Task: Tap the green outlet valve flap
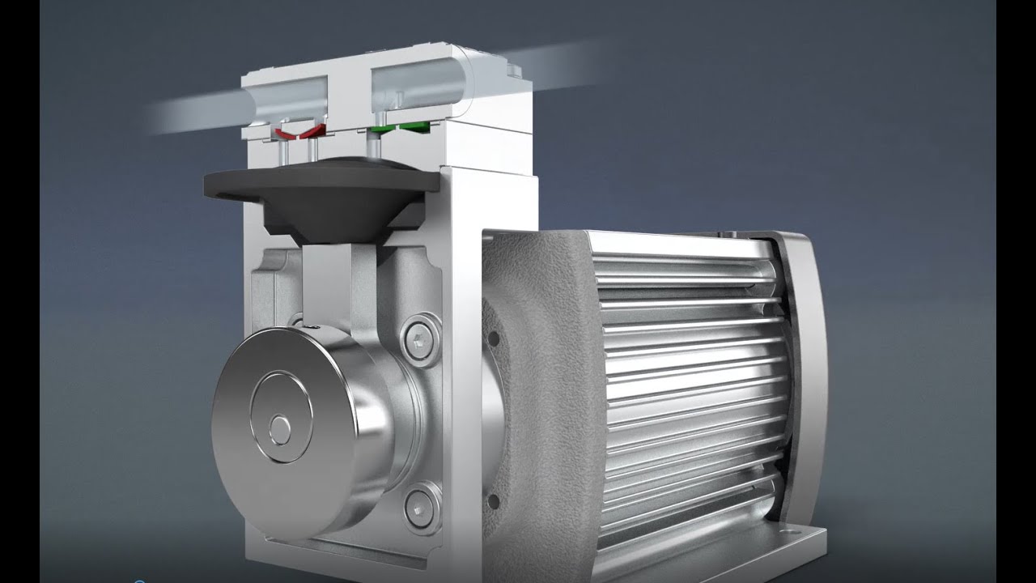[401, 127]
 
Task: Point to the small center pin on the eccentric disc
[279, 428]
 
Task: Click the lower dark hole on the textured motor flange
[494, 501]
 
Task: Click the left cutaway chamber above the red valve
[287, 97]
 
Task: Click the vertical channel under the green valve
[375, 147]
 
